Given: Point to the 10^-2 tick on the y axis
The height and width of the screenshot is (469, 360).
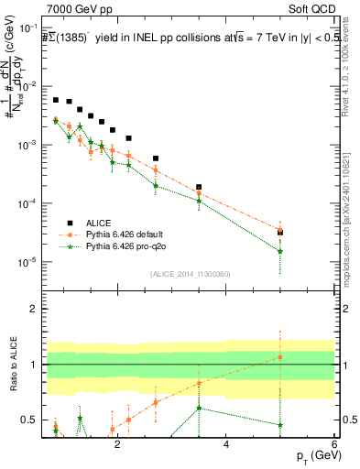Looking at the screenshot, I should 33,86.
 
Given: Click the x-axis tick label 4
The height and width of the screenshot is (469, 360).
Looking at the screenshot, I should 226,445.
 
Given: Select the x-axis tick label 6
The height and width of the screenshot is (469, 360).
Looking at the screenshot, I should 334,445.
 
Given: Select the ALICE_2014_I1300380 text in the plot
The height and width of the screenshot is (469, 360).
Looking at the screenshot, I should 190,273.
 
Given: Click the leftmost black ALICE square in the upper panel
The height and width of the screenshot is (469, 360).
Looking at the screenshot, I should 56,100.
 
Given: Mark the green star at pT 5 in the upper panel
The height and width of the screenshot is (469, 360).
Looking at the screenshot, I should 280,251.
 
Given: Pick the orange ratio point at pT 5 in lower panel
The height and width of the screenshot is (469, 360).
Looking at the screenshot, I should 280,357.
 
